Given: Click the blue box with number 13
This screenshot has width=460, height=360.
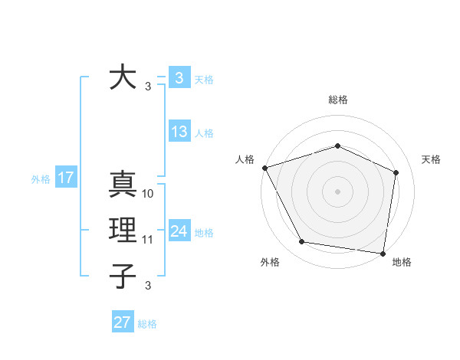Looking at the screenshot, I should pyautogui.click(x=179, y=132).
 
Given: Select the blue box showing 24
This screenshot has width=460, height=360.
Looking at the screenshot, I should pyautogui.click(x=179, y=231).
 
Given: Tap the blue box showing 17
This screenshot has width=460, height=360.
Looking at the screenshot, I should pyautogui.click(x=65, y=178).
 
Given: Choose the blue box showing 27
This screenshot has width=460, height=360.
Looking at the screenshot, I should pyautogui.click(x=122, y=322).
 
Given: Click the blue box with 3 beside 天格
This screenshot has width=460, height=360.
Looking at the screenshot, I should pyautogui.click(x=179, y=78).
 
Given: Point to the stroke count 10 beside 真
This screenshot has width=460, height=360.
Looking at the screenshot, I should pyautogui.click(x=148, y=194).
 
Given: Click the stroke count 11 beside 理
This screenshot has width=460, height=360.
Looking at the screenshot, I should pyautogui.click(x=148, y=240).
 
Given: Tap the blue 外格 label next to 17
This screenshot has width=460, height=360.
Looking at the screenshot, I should pyautogui.click(x=41, y=179).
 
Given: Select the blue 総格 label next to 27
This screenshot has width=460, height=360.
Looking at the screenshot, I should pyautogui.click(x=147, y=324).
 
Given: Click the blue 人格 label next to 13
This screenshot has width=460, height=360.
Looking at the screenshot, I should pyautogui.click(x=204, y=133).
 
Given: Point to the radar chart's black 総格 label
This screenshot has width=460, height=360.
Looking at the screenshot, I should pyautogui.click(x=337, y=100).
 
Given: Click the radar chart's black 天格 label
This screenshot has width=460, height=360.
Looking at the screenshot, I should pyautogui.click(x=431, y=159).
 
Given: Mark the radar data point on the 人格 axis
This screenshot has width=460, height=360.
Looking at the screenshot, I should pyautogui.click(x=264, y=168).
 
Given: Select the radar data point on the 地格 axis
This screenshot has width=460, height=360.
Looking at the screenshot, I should pyautogui.click(x=383, y=253).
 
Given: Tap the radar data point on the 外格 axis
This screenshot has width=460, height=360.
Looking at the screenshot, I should pyautogui.click(x=302, y=242).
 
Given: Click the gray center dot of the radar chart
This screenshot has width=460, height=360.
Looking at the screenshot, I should pyautogui.click(x=337, y=191).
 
